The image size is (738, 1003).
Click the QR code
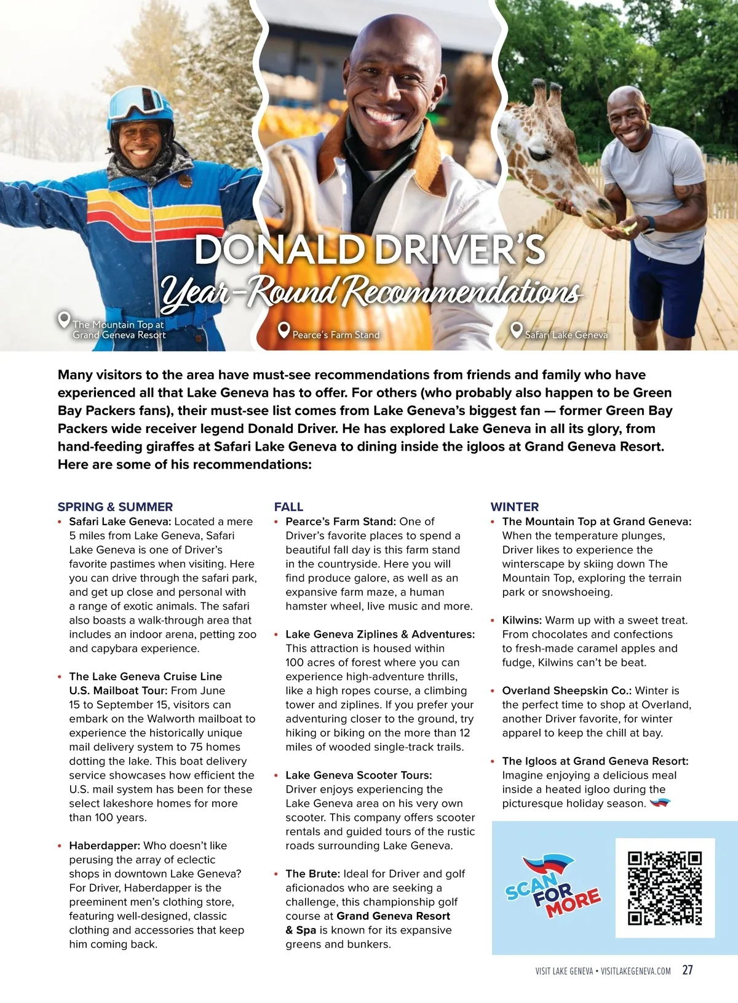pos(665,888)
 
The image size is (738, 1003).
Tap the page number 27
pos(688,970)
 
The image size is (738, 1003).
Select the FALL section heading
pos(288,507)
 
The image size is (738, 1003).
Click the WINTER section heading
pos(514,507)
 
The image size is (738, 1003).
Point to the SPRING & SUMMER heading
pos(115,507)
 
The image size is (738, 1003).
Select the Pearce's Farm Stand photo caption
pos(336,335)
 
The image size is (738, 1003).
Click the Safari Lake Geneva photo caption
pos(566,335)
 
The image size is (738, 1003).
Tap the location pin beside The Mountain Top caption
pos(63,320)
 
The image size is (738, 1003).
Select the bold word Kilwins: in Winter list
pos(522,620)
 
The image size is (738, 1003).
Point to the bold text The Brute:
pos(312,874)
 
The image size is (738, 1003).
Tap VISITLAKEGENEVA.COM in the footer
pos(635,971)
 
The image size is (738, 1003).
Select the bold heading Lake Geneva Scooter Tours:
pos(359,775)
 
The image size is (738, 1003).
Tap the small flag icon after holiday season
pos(660,803)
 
